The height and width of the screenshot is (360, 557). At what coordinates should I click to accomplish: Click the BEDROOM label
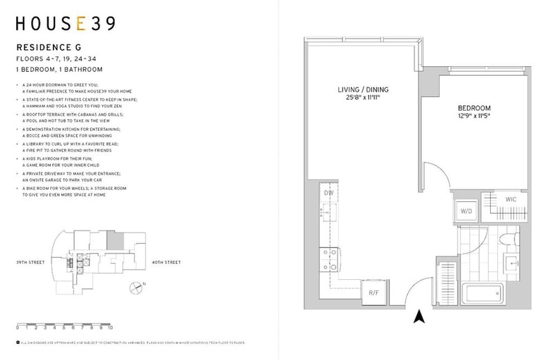pyautogui.click(x=474, y=109)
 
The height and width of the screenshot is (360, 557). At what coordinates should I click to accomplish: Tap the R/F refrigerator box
pyautogui.click(x=374, y=293)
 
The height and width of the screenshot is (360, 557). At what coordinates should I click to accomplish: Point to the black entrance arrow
pyautogui.click(x=419, y=317)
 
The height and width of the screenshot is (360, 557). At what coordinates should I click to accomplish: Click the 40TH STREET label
pyautogui.click(x=166, y=263)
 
